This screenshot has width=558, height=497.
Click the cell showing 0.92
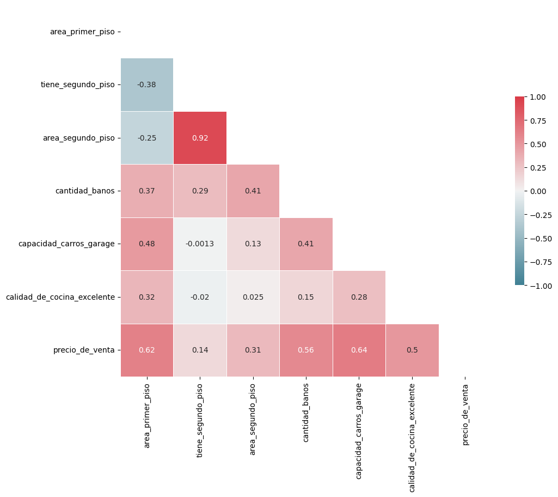[x=200, y=138]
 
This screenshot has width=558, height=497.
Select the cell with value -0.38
[x=147, y=85]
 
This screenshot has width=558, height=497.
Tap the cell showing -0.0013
[x=200, y=244]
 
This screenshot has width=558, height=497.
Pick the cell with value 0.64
[x=359, y=350]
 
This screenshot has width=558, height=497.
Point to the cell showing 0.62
[x=147, y=350]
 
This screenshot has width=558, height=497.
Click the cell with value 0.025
[x=253, y=298]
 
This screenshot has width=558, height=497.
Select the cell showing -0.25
[x=147, y=138]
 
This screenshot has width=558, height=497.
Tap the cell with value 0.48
[x=147, y=244]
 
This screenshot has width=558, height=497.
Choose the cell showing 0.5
[x=412, y=350]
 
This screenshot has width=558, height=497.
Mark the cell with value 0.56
[x=306, y=350]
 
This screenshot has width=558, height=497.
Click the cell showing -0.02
[x=200, y=298]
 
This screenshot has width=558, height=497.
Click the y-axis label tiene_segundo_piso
[x=77, y=85]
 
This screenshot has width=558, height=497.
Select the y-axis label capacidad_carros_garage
[x=66, y=244]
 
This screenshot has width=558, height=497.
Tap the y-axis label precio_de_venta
[x=84, y=350]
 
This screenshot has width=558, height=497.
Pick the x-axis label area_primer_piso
[x=147, y=415]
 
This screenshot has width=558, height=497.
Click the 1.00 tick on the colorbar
[x=537, y=97]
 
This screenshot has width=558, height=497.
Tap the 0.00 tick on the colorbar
[x=537, y=191]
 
